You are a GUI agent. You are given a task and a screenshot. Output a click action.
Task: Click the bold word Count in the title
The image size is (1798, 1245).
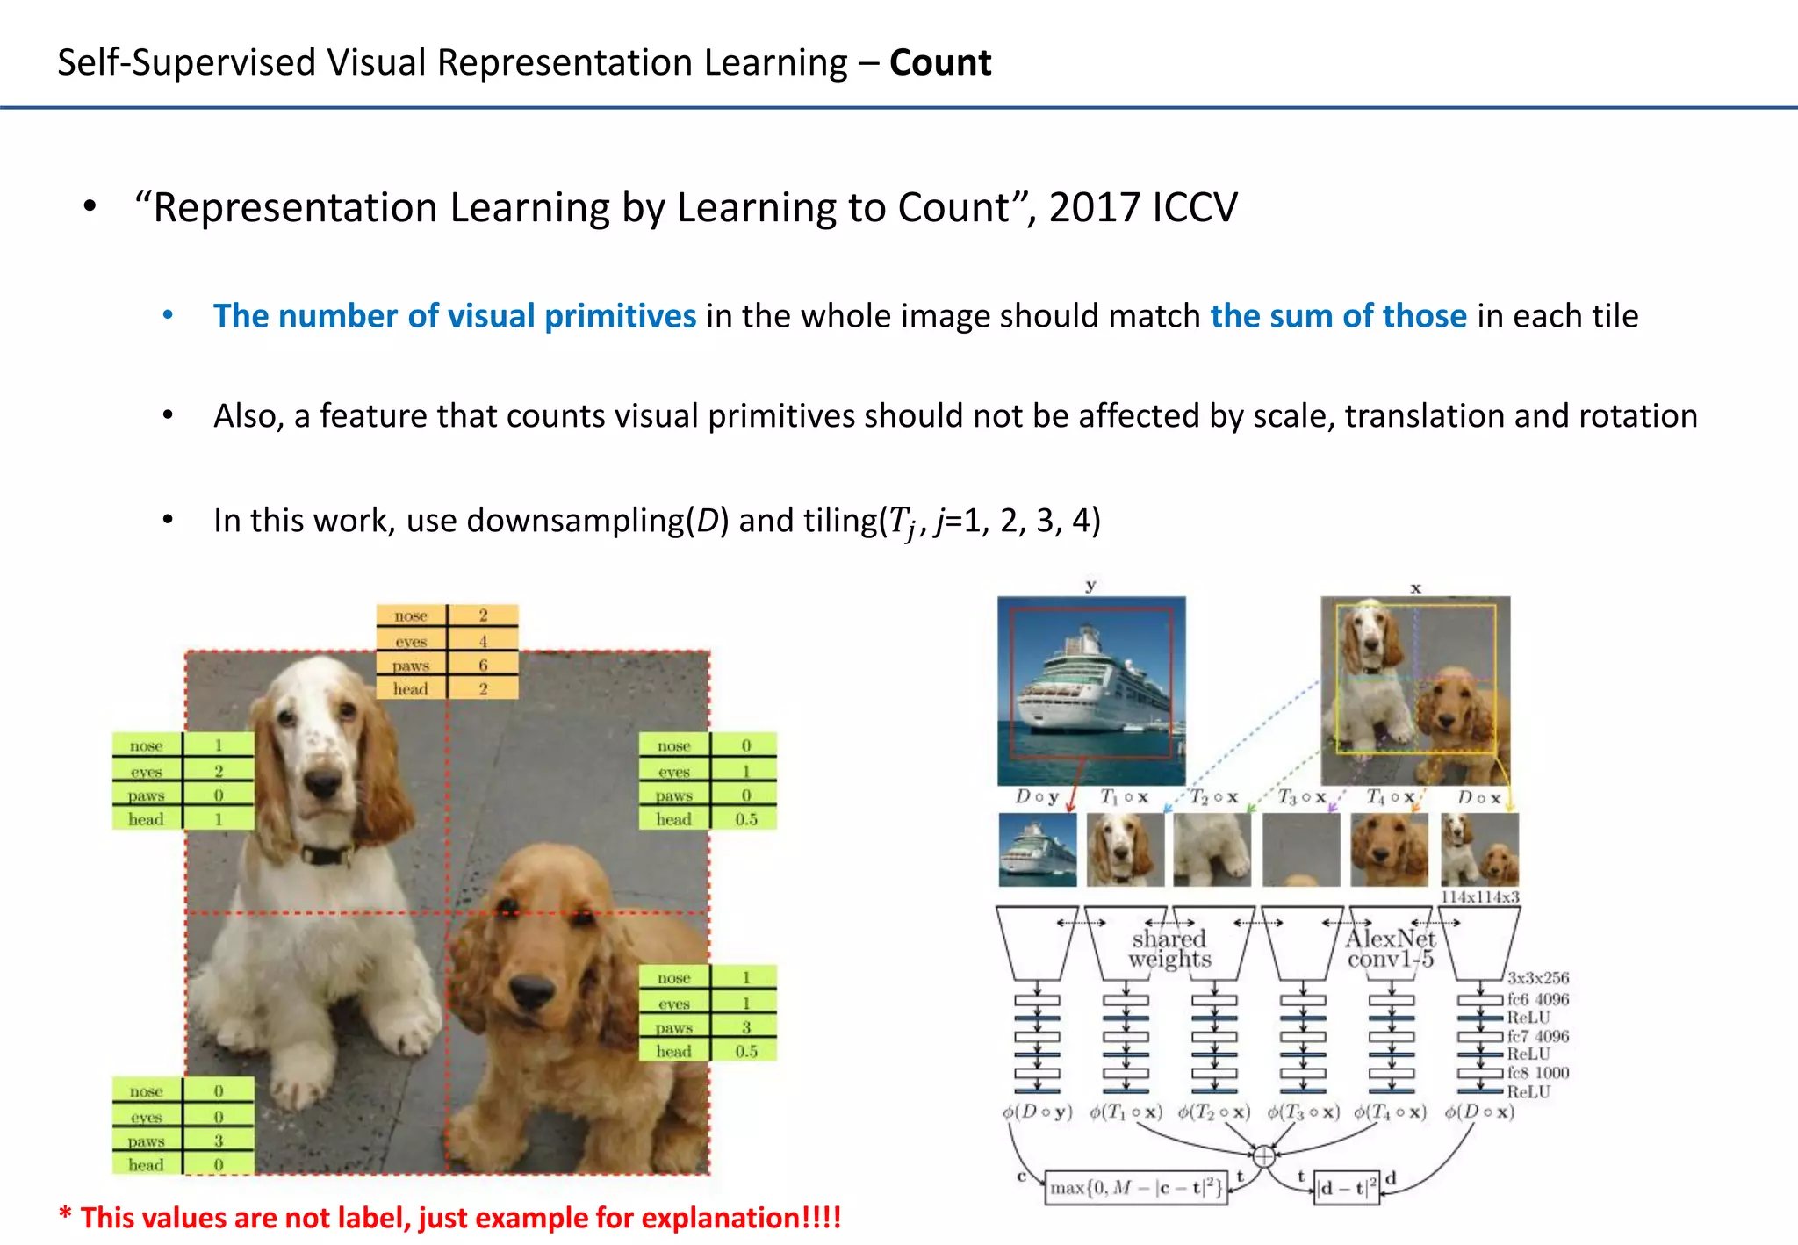[x=939, y=63]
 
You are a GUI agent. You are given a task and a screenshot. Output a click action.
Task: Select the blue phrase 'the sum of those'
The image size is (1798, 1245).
[x=1338, y=316]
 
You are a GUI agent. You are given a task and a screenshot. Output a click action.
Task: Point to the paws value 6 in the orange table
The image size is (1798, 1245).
[x=483, y=665]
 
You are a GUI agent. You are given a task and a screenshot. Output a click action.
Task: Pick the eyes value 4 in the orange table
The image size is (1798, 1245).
[x=483, y=641]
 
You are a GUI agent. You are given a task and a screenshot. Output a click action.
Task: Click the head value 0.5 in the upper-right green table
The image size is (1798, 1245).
[x=745, y=819]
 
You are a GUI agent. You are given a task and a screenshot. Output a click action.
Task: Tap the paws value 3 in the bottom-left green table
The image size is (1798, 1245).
[x=219, y=1141]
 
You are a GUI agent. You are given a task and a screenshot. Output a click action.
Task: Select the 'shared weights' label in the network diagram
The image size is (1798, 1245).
[x=1169, y=949]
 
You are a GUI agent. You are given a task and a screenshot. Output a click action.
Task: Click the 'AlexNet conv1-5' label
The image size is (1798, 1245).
[x=1391, y=949]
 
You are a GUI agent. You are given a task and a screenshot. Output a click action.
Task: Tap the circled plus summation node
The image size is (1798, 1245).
[x=1263, y=1156]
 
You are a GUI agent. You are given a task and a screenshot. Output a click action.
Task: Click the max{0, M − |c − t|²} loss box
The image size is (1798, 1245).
[x=1136, y=1188]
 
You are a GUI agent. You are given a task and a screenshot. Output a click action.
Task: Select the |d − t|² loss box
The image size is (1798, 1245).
[x=1347, y=1188]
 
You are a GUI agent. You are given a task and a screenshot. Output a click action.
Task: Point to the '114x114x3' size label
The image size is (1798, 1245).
[x=1479, y=897]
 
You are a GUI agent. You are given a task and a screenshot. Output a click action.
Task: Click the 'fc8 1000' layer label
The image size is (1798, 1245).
[x=1537, y=1073]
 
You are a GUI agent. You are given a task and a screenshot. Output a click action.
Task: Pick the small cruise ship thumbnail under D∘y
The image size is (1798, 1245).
[x=1038, y=850]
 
